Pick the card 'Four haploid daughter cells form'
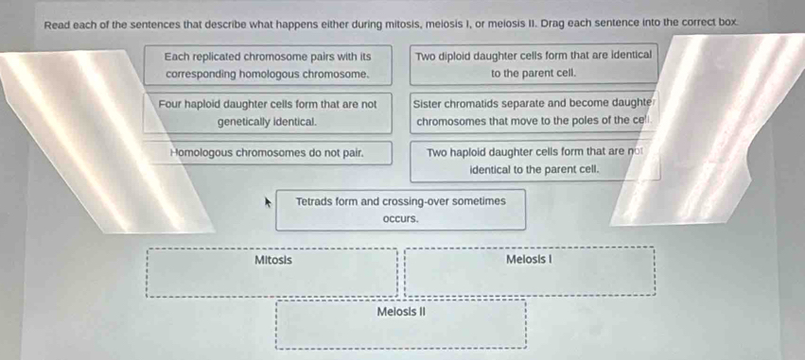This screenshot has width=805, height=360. click(268, 112)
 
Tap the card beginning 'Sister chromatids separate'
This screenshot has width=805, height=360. click(534, 112)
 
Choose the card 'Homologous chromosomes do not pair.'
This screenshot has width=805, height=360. click(268, 151)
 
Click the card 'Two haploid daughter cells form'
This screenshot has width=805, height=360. click(534, 161)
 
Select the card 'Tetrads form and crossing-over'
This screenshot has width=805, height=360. click(400, 210)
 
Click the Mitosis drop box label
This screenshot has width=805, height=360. click(273, 260)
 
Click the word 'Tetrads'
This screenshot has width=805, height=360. click(316, 201)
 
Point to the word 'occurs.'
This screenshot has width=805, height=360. click(400, 218)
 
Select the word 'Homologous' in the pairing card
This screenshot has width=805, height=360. click(203, 151)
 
